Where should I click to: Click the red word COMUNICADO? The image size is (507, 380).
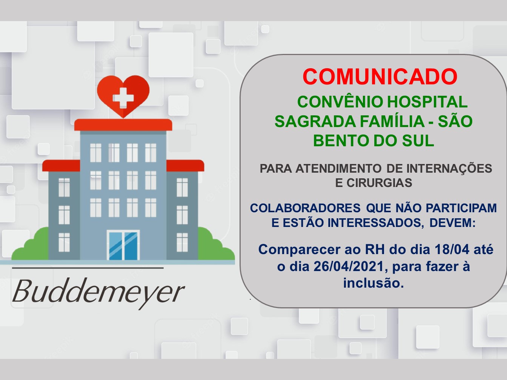380,77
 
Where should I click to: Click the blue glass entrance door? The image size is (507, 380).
123,245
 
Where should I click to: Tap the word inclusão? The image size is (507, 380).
373,283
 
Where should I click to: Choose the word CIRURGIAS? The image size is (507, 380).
379,183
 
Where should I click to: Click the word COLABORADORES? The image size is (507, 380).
305,208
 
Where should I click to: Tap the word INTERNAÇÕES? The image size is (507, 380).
449,168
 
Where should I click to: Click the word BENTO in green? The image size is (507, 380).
341,141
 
